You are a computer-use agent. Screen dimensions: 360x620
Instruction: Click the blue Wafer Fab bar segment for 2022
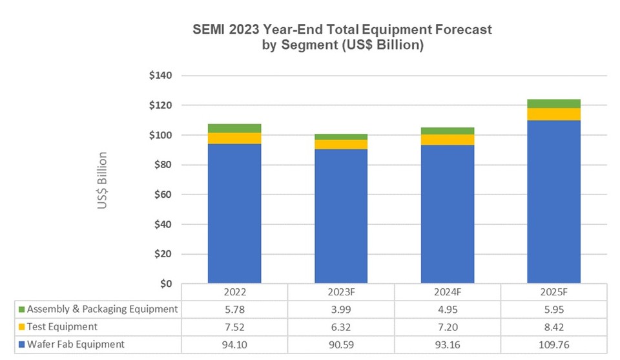234,213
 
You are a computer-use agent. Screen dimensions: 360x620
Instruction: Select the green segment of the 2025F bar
553,103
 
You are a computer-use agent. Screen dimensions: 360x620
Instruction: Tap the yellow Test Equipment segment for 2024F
447,140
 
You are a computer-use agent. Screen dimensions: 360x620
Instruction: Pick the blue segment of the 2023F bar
340,216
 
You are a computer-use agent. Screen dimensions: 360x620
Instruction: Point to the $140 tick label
160,76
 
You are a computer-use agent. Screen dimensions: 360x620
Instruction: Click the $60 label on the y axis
163,195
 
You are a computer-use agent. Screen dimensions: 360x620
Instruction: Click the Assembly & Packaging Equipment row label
102,309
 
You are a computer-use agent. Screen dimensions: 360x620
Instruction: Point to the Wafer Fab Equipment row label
76,344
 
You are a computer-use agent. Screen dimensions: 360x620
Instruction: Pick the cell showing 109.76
553,344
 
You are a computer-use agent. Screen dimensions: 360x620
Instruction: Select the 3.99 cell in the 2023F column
340,309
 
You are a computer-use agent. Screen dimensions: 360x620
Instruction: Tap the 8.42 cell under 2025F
553,326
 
